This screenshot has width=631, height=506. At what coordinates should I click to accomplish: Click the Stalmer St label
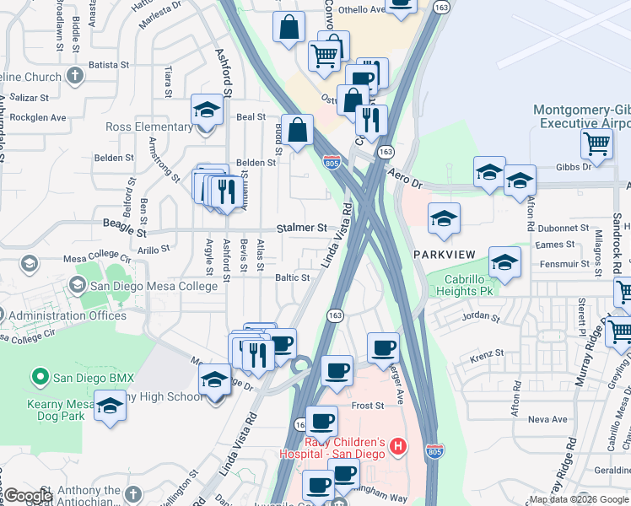coord(302,228)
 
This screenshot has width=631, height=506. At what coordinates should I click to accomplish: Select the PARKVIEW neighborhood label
coord(445,254)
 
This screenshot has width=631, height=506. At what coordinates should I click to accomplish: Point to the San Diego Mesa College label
coord(154,286)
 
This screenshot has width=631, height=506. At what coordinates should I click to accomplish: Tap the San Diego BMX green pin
coord(39,375)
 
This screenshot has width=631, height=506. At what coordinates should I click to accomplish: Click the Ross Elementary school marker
coord(206,110)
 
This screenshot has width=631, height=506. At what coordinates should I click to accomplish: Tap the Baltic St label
coord(293,277)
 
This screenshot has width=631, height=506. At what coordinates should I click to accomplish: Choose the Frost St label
coord(368,406)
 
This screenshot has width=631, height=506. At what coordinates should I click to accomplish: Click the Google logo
coord(28,496)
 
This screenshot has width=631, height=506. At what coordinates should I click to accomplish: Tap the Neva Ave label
coord(547,419)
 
